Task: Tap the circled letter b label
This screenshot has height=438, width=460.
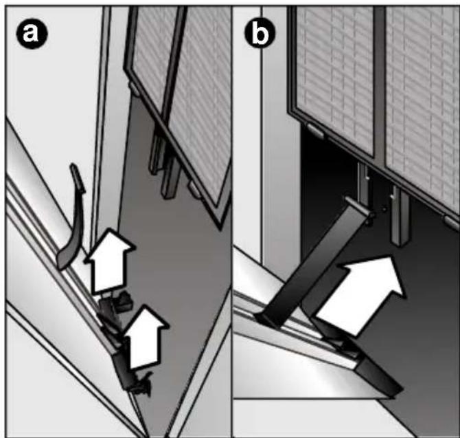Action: [x=260, y=34]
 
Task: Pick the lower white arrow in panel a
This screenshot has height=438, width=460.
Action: [x=146, y=338]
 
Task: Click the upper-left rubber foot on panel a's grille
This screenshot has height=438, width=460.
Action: [x=134, y=89]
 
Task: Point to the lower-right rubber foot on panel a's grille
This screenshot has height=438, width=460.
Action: [x=195, y=189]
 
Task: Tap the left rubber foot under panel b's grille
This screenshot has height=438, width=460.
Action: [x=314, y=131]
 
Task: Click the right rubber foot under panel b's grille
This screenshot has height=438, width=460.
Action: [x=452, y=222]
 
